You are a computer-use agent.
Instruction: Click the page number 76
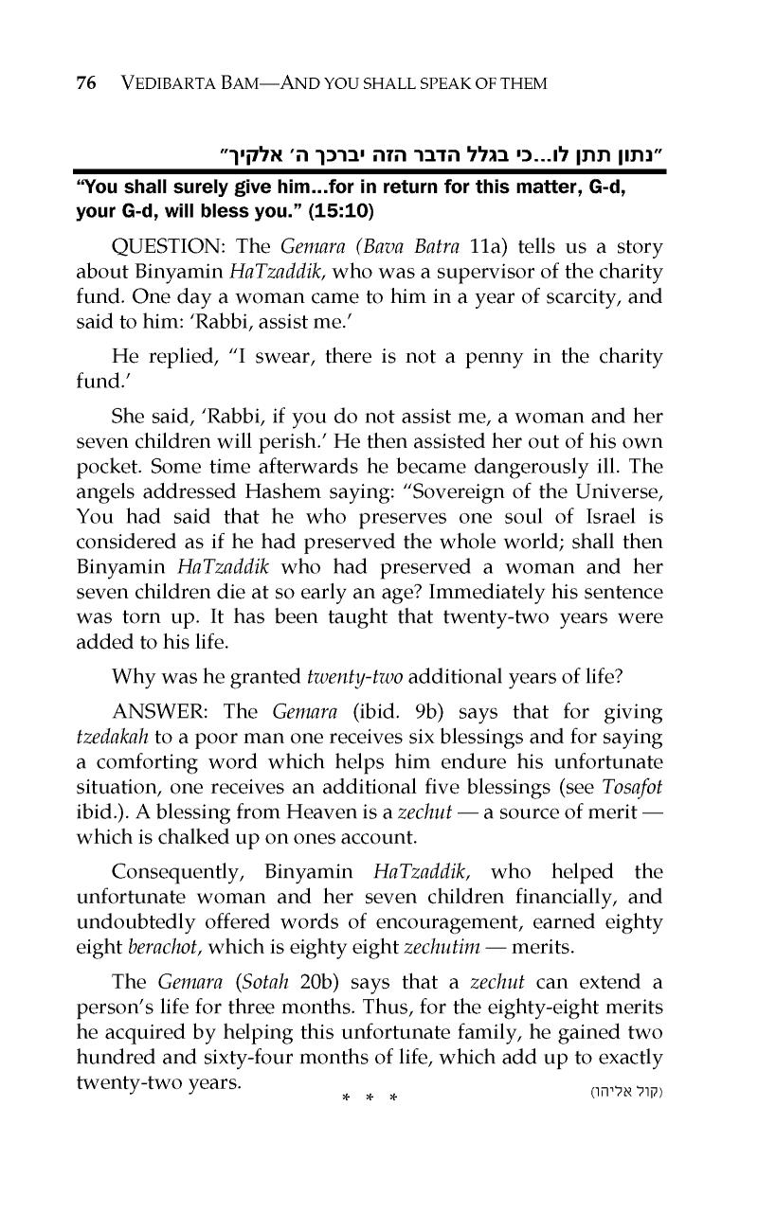(86, 84)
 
